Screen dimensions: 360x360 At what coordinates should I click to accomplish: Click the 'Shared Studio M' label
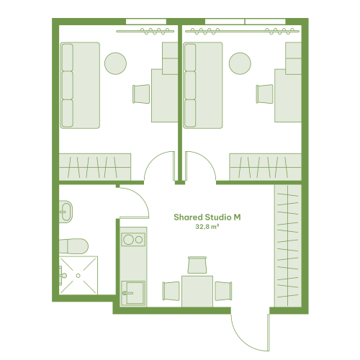207,217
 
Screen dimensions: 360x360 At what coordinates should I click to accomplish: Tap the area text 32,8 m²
207,227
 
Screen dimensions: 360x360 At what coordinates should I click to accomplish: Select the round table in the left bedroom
115,63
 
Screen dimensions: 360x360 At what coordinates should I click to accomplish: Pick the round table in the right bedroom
240,63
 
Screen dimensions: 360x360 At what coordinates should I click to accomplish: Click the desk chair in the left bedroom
141,94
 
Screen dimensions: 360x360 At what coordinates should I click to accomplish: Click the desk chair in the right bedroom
265,94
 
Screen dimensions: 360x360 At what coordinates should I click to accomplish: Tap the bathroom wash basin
66,212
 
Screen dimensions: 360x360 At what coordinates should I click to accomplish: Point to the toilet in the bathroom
73,246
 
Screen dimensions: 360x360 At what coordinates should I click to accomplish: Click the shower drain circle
78,276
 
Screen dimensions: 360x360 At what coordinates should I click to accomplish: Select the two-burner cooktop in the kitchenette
133,240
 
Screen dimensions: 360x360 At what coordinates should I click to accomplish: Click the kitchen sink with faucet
133,293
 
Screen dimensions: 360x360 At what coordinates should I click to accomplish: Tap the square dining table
197,292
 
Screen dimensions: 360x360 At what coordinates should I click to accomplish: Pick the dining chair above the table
197,265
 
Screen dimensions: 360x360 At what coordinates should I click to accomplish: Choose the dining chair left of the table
171,291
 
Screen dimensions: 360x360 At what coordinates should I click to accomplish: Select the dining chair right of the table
223,291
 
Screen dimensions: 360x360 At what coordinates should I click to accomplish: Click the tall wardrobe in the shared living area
288,246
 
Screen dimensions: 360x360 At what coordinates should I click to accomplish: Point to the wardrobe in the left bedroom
95,167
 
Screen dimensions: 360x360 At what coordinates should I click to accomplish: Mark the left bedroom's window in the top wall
146,22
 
